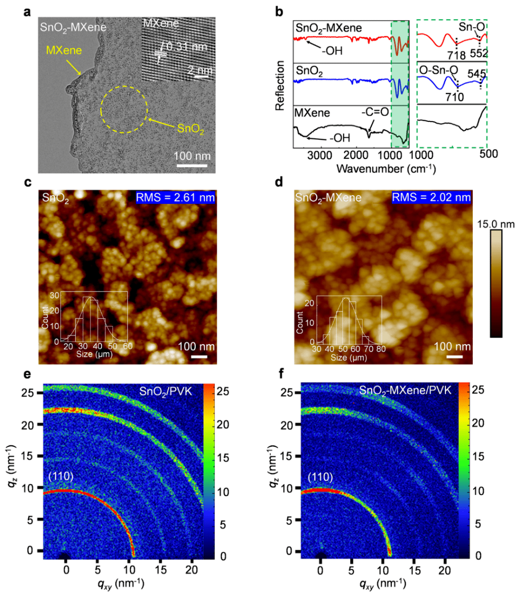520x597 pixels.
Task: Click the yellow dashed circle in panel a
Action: point(124,109)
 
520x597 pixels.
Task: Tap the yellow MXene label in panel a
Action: point(64,51)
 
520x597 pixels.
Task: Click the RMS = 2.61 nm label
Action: point(175,198)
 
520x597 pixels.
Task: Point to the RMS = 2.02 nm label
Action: point(431,198)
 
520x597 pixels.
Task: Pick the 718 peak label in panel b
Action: point(456,55)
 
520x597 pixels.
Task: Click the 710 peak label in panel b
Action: point(454,97)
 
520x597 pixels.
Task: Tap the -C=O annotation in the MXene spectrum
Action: point(375,112)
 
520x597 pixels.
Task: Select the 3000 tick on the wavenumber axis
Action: point(320,155)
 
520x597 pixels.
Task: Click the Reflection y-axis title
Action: point(280,86)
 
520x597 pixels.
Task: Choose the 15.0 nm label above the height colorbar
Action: point(495,224)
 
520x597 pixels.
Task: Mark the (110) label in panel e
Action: point(61,476)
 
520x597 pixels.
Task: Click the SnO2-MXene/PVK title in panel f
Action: point(405,390)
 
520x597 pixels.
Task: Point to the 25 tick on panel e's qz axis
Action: point(28,393)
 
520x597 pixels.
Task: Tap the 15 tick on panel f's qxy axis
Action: point(415,570)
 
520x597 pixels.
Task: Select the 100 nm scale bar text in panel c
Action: point(196,346)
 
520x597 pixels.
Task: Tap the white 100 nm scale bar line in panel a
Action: point(192,166)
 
